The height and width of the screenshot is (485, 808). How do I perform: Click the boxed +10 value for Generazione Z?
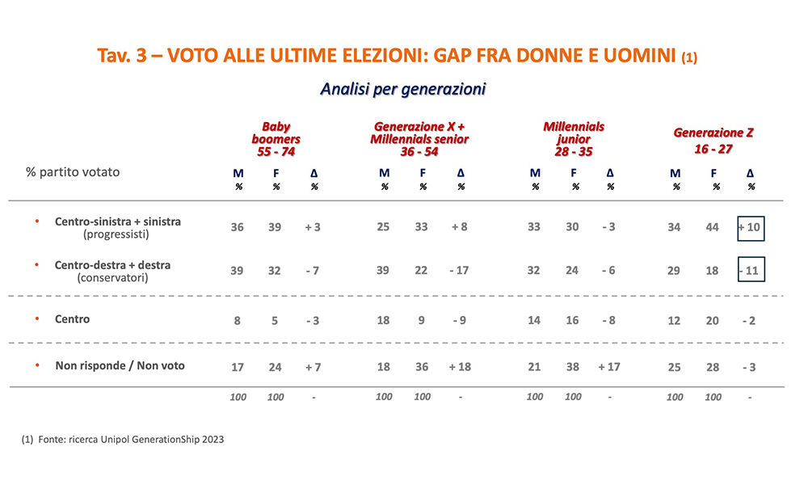click(751, 227)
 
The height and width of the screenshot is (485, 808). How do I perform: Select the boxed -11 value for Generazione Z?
click(751, 271)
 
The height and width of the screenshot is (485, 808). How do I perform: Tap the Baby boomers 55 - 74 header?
click(276, 139)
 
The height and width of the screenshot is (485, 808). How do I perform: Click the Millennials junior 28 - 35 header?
click(574, 139)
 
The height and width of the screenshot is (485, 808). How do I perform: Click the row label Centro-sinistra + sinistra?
click(118, 221)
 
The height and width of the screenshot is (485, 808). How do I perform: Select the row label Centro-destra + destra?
click(112, 265)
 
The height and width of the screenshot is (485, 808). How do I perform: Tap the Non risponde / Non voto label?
click(120, 365)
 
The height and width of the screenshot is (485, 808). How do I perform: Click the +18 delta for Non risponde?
click(460, 367)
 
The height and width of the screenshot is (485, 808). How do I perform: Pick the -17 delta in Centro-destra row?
click(460, 271)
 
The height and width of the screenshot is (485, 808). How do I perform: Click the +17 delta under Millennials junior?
click(610, 367)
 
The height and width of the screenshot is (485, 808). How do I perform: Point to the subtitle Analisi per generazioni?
click(403, 88)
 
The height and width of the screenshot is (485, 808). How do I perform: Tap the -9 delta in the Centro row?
click(459, 320)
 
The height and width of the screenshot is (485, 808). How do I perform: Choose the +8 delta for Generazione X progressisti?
click(459, 227)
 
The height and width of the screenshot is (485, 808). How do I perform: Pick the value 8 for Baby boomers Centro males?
click(237, 320)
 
